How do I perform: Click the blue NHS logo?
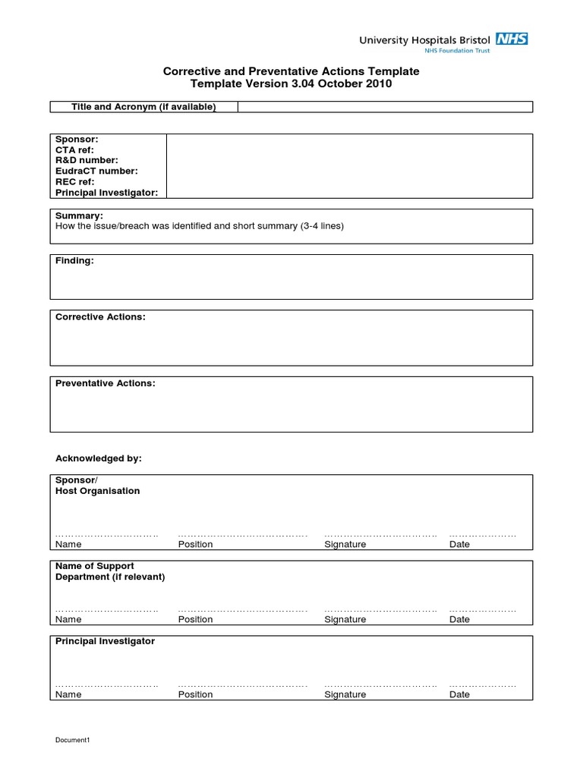tap(512, 39)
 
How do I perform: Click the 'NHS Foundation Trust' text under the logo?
tap(456, 51)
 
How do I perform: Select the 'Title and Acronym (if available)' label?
tap(143, 107)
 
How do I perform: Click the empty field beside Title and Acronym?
tap(385, 107)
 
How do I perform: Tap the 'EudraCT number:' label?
tap(96, 171)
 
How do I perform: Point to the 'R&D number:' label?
tap(87, 161)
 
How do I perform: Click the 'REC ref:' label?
tap(75, 182)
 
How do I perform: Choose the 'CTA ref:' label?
tap(74, 150)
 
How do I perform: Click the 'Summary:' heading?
tap(79, 216)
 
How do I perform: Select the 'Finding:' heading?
tap(74, 261)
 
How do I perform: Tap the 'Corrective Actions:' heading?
tap(100, 317)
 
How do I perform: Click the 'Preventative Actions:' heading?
tap(105, 384)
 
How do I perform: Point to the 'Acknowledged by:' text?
tap(99, 459)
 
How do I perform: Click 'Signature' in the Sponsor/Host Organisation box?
tap(345, 545)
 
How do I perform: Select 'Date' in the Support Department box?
tap(459, 620)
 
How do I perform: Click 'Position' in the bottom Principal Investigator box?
tap(195, 695)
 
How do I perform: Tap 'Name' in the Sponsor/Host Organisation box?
tap(68, 545)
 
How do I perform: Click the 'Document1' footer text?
tap(73, 741)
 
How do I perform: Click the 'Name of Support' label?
tap(95, 566)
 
